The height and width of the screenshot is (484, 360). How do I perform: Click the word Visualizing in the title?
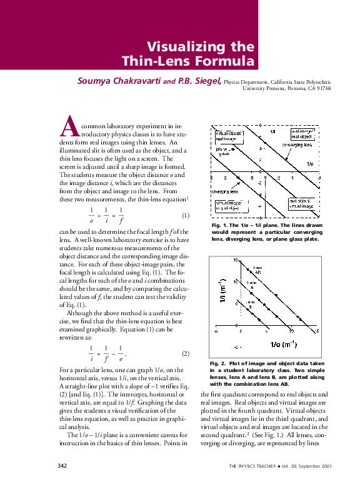point(186,47)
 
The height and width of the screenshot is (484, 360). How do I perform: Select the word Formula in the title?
point(226,61)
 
